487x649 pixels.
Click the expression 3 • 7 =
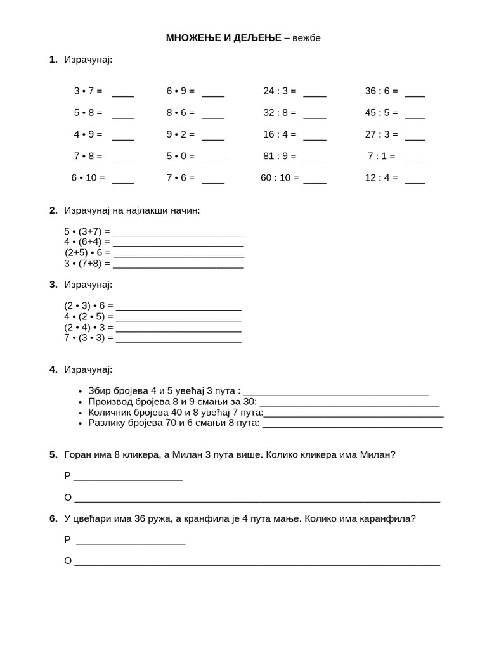(88, 91)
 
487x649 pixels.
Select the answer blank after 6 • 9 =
(213, 93)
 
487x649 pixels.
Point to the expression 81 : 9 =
(280, 156)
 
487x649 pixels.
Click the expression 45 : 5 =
(381, 113)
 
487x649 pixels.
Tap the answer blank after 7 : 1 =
(415, 158)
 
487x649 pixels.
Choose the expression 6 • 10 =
(88, 178)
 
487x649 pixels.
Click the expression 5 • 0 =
(180, 156)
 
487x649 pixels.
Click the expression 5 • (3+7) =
(88, 231)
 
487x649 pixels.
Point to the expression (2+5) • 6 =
(88, 252)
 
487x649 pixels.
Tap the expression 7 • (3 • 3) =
(89, 338)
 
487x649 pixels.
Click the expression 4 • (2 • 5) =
(89, 316)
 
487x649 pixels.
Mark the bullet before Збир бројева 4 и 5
(80, 392)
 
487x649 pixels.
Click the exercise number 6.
(53, 518)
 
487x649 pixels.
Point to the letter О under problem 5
(68, 498)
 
